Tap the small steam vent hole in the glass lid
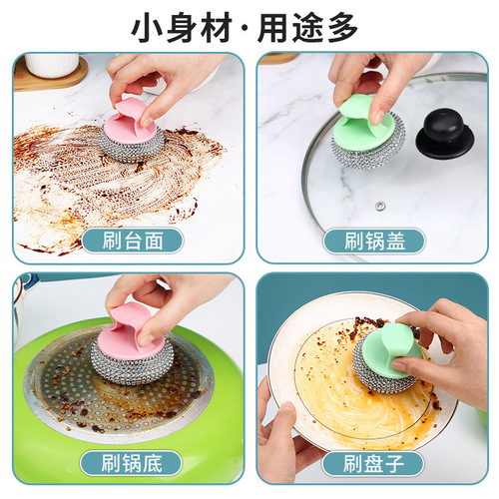[380, 205]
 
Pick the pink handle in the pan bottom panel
[135, 329]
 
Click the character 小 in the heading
[150, 27]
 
